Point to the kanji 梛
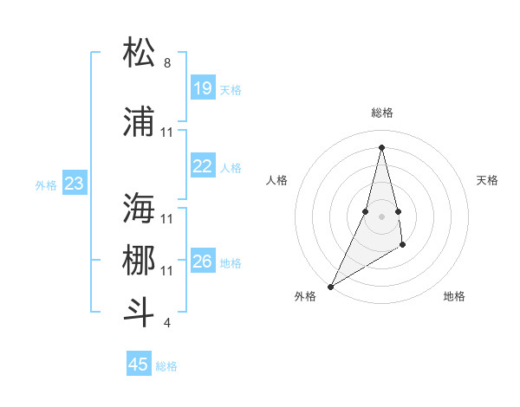click(140, 261)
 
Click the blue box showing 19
click(202, 88)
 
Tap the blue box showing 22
click(202, 166)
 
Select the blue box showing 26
click(202, 262)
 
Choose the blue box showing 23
click(75, 184)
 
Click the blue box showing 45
click(139, 365)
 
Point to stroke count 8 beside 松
click(167, 63)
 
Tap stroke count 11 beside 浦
click(167, 132)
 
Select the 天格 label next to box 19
click(231, 89)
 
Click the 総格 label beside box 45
click(166, 365)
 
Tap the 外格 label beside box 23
click(46, 184)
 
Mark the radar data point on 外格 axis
click(330, 286)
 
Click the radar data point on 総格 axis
click(381, 147)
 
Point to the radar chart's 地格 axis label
click(454, 296)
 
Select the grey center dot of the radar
click(381, 216)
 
